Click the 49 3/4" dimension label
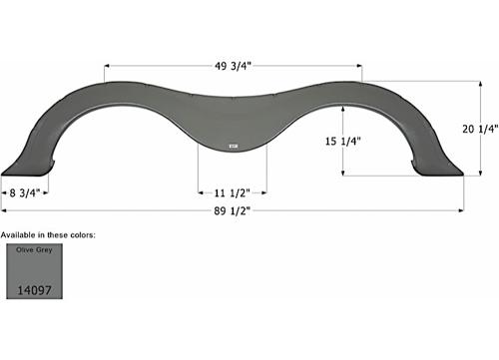point(233,67)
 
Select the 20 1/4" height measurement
point(479,129)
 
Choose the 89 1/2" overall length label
point(233,211)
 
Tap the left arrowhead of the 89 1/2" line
point(5,211)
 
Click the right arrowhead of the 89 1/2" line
point(460,211)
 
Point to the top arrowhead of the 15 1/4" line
point(343,109)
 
